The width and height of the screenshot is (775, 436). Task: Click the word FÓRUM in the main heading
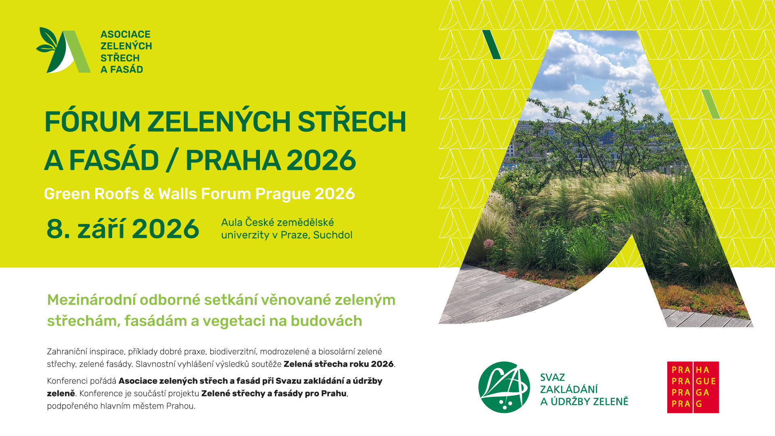[92, 121]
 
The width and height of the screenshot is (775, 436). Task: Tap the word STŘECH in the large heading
[352, 121]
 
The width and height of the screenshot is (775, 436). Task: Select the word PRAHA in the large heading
[233, 161]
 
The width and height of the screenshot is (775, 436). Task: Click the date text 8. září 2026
[123, 229]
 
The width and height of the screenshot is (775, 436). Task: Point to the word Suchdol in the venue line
[333, 235]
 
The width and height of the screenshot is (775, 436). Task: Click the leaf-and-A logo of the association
[63, 50]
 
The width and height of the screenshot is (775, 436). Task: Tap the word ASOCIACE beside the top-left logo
[126, 34]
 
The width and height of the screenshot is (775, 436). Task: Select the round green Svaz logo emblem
[504, 387]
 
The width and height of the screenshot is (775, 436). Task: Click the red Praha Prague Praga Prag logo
[693, 387]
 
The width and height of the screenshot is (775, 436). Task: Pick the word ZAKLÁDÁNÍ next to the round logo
[569, 390]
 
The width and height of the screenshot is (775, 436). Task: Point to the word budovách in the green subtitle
[327, 321]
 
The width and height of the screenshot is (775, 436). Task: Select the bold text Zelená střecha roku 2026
[338, 364]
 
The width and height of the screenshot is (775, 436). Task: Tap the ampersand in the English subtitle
[149, 194]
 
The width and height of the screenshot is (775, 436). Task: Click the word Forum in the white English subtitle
[226, 194]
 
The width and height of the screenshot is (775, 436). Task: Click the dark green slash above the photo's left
[492, 44]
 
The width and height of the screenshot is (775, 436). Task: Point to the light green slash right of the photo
[711, 104]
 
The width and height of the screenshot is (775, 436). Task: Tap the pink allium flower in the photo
[489, 243]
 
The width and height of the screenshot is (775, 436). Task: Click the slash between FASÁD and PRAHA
[172, 161]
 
